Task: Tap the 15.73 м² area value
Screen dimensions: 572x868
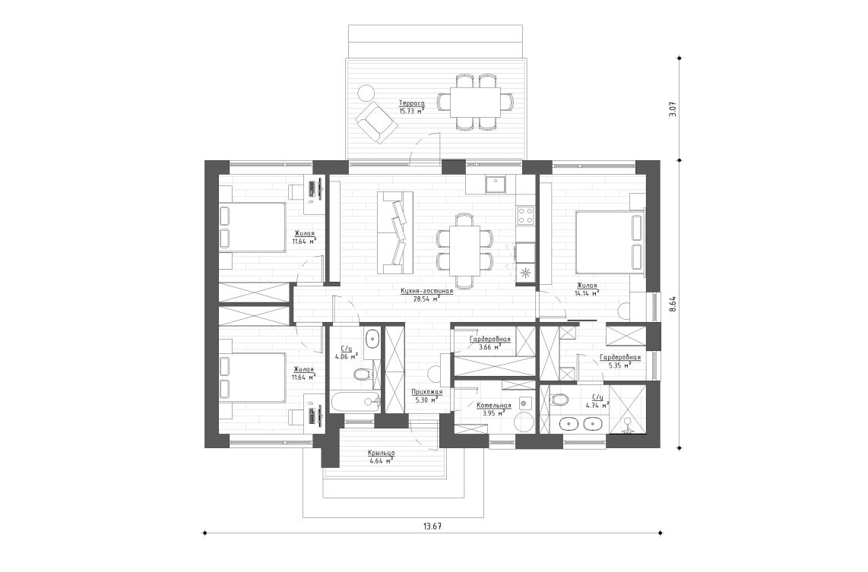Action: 410,111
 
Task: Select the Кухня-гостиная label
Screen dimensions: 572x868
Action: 426,290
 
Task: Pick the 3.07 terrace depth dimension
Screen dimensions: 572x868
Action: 672,109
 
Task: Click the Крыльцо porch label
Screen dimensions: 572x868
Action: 380,453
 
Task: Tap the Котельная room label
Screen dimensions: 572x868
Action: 493,406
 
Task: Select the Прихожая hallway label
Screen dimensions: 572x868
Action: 426,391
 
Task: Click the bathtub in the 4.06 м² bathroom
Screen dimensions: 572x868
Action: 354,402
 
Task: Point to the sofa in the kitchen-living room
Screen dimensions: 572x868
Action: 395,232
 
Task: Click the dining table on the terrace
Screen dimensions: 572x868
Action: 475,101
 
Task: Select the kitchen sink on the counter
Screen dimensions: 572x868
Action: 496,182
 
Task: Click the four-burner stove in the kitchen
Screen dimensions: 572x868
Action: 525,215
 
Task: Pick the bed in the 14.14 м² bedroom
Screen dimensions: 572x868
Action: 608,242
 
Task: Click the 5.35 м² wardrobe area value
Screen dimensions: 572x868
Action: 620,365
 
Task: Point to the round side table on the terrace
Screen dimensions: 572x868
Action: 366,93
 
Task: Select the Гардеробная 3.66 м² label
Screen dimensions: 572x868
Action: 490,339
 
